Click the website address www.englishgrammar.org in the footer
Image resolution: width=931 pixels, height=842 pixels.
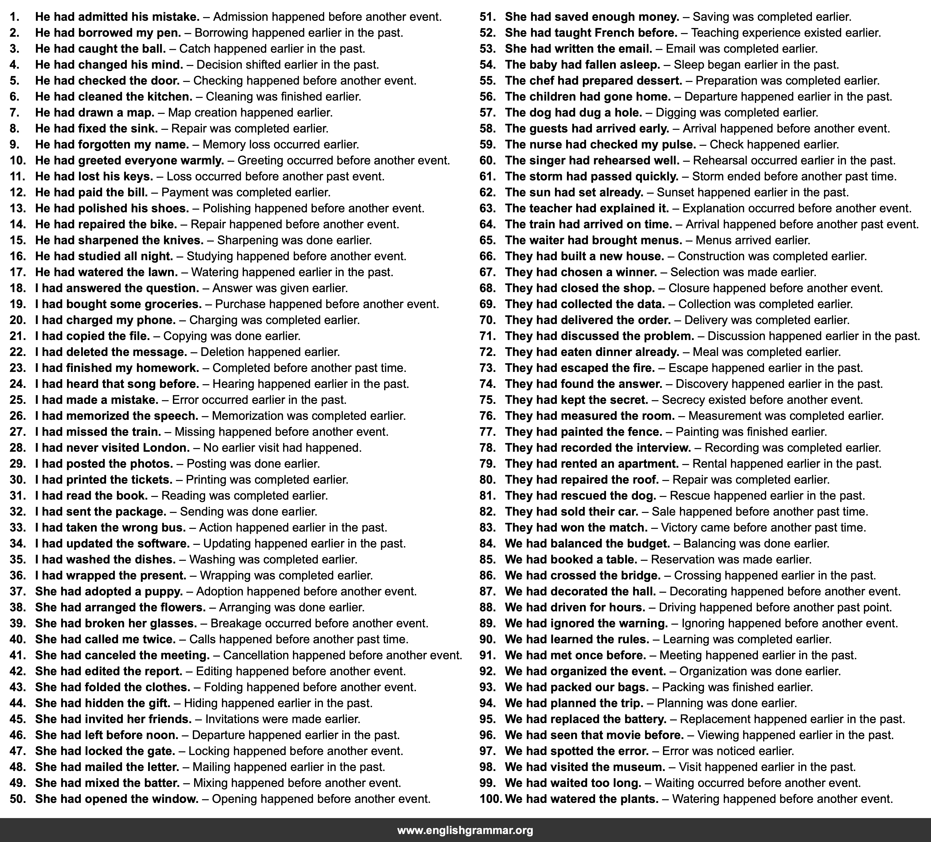pos(465,831)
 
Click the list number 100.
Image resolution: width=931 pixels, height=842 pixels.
pos(490,799)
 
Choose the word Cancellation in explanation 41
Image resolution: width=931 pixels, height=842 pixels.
pos(256,655)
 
